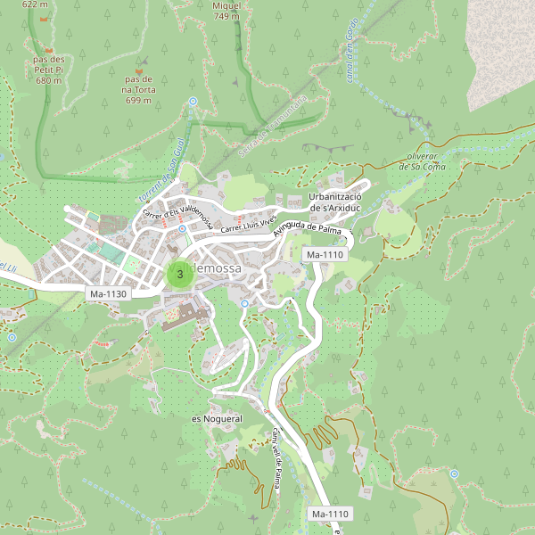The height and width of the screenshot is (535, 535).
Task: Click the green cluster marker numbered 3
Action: coord(180,274)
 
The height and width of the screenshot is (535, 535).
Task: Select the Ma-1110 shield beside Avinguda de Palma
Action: coord(324,255)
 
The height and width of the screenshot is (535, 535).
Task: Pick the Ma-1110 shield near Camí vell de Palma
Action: coord(329,514)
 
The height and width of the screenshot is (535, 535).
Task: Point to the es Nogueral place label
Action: coord(217,418)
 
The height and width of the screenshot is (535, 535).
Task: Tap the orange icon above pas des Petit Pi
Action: coord(49,50)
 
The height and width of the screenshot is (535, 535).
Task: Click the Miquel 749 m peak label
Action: coord(226,11)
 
